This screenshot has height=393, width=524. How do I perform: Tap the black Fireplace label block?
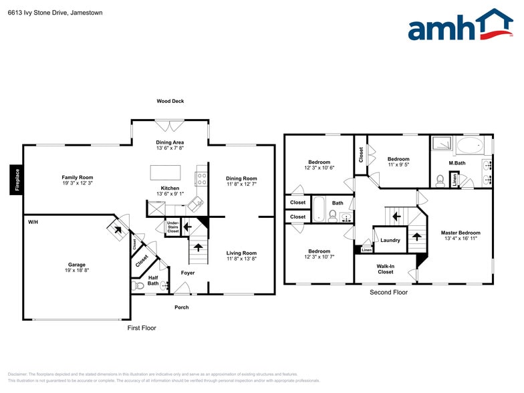click(17, 180)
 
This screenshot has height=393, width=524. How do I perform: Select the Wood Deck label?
click(170, 102)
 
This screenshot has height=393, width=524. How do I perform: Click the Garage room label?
click(77, 265)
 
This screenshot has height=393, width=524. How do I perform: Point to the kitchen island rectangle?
click(165, 172)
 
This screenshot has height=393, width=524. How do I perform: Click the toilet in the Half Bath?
click(139, 285)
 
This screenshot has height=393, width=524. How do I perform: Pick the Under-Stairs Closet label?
click(172, 227)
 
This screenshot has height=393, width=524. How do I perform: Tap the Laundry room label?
click(390, 241)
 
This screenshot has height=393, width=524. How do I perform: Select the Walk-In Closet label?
click(386, 269)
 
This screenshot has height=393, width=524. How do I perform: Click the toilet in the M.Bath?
click(440, 180)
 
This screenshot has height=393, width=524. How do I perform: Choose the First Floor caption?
click(142, 328)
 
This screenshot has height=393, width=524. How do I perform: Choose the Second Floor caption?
click(388, 292)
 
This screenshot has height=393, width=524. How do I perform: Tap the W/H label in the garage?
click(33, 222)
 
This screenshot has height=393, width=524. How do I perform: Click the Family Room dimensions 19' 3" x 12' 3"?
click(78, 183)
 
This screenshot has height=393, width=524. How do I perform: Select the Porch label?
click(181, 307)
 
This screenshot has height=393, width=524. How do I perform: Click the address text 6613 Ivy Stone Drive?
click(37, 12)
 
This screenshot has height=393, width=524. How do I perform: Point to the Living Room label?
click(241, 253)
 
